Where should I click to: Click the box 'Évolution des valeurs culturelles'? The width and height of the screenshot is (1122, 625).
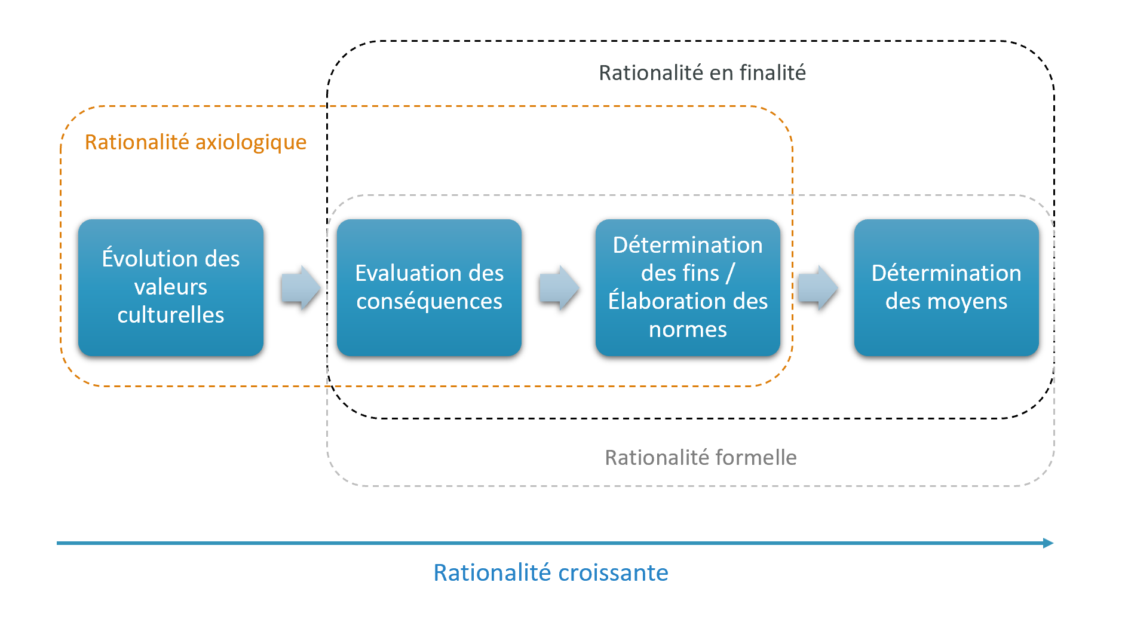click(x=170, y=287)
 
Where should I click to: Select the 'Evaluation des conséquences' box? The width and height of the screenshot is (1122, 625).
click(x=429, y=287)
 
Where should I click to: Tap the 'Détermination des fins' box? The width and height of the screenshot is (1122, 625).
click(x=688, y=287)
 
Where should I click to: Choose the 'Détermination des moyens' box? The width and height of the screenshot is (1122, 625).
click(x=946, y=287)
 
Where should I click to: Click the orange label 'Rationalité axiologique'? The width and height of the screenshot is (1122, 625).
click(x=195, y=142)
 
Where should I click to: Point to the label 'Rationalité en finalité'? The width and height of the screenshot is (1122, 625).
click(x=702, y=73)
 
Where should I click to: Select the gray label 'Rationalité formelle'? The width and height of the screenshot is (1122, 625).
click(x=700, y=458)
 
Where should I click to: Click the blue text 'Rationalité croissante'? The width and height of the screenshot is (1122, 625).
click(x=550, y=572)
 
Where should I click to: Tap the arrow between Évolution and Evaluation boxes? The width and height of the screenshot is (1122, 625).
click(x=301, y=287)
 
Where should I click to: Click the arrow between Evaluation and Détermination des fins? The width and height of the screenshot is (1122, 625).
click(x=559, y=287)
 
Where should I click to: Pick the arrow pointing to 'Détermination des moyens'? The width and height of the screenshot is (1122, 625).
click(x=818, y=287)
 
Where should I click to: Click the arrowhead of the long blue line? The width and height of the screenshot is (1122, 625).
click(x=1048, y=543)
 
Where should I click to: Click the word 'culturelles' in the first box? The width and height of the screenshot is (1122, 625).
click(x=171, y=315)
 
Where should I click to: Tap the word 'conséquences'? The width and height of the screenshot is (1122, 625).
click(x=429, y=302)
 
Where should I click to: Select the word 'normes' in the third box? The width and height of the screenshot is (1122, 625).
click(x=688, y=330)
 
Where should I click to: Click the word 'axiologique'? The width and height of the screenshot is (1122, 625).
click(x=250, y=142)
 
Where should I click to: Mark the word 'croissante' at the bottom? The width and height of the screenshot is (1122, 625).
click(x=613, y=572)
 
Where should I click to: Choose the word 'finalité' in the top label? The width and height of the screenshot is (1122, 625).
click(x=772, y=73)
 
